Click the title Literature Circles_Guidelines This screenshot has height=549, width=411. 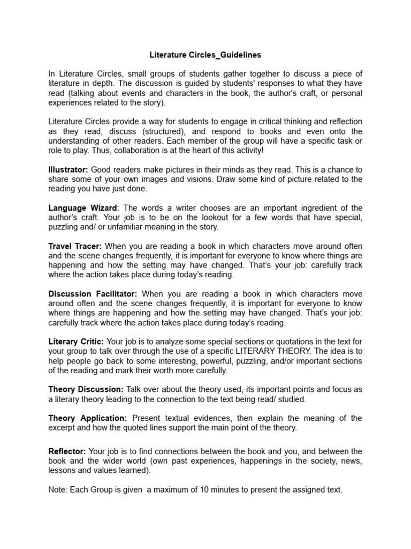point(205,55)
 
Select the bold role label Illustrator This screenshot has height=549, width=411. point(67,169)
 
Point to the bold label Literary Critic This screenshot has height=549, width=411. point(77,342)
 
